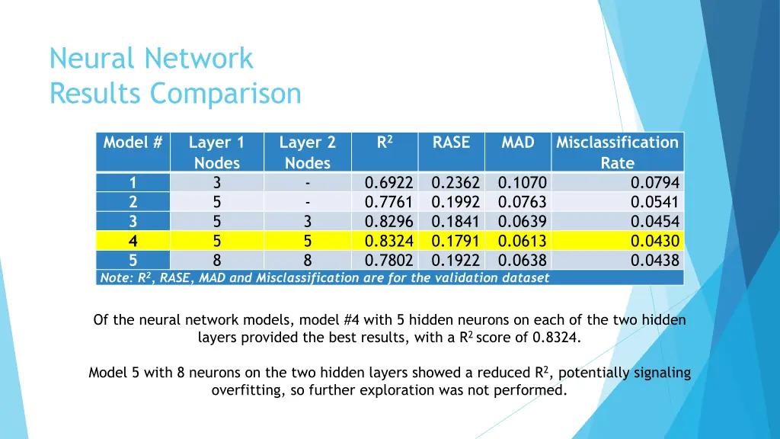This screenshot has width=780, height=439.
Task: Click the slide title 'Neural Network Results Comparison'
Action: click(175, 76)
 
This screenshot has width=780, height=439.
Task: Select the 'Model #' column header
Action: click(133, 143)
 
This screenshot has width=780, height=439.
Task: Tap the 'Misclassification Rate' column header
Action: click(617, 152)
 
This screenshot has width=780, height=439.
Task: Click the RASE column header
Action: click(451, 143)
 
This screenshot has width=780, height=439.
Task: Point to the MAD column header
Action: click(517, 143)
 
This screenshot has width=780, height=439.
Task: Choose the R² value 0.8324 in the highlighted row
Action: click(388, 242)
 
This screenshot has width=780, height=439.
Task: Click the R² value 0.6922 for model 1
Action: click(388, 183)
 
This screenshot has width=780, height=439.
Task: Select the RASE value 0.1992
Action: click(455, 203)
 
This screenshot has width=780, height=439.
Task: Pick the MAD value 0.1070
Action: click(522, 183)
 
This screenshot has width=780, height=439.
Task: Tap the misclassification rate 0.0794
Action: click(654, 183)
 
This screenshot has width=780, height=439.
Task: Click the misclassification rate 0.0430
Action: click(654, 242)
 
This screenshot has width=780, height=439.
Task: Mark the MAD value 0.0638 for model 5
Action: click(522, 261)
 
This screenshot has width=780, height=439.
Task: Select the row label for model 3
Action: click(133, 222)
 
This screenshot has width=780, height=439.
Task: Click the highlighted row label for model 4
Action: click(133, 242)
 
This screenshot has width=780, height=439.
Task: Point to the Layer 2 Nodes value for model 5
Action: click(308, 261)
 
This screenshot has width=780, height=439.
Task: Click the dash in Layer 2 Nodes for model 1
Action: click(308, 183)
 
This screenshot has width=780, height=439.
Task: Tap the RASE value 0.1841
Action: click(455, 222)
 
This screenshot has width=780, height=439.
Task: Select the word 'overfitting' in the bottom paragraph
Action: click(247, 391)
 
